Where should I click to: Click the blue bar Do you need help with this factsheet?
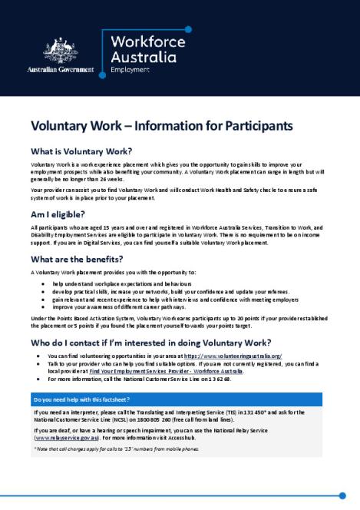point(177,400)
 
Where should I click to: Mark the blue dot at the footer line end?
point(342,495)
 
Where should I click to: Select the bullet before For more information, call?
point(38,379)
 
